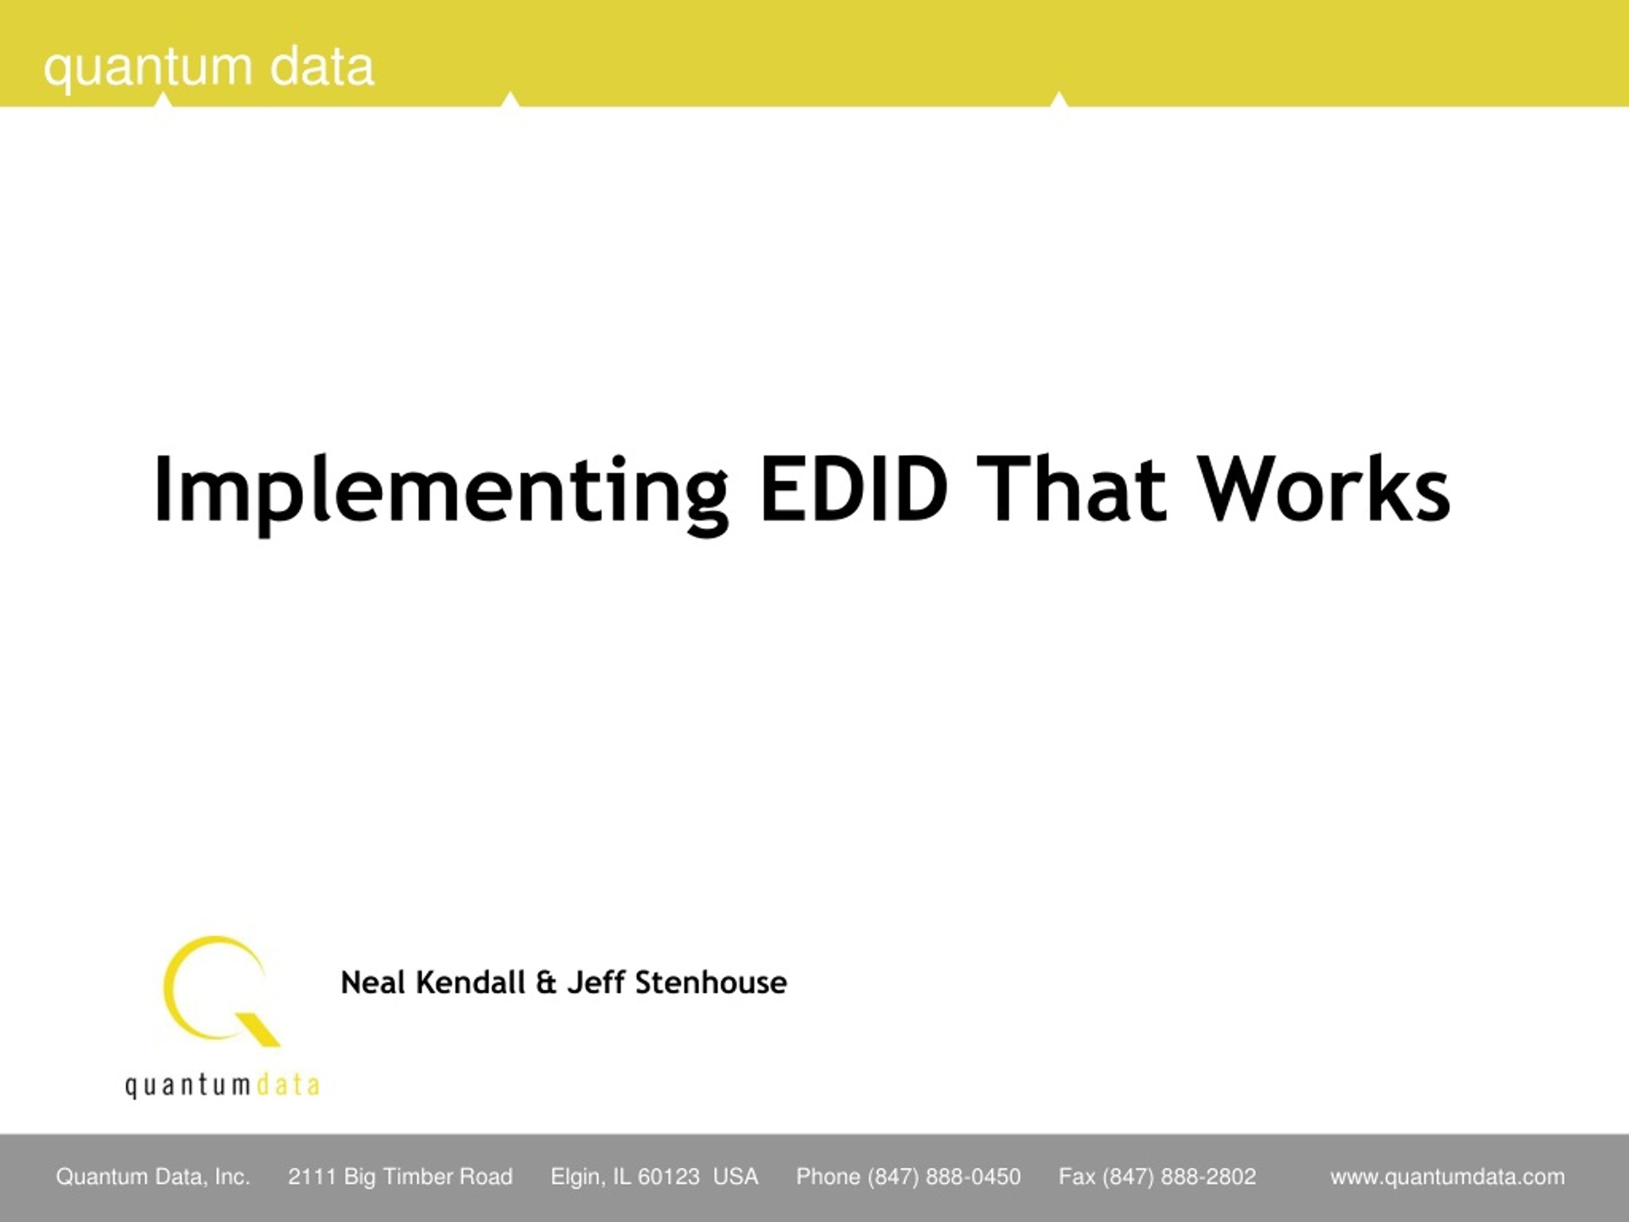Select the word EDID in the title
854,488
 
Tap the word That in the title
1072,488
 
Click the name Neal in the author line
373,983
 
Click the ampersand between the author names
546,983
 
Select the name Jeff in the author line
595,983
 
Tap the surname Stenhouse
711,983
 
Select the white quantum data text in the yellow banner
209,67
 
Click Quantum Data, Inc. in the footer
153,1177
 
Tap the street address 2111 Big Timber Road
400,1177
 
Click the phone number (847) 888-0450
944,1177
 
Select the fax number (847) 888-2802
1179,1177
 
